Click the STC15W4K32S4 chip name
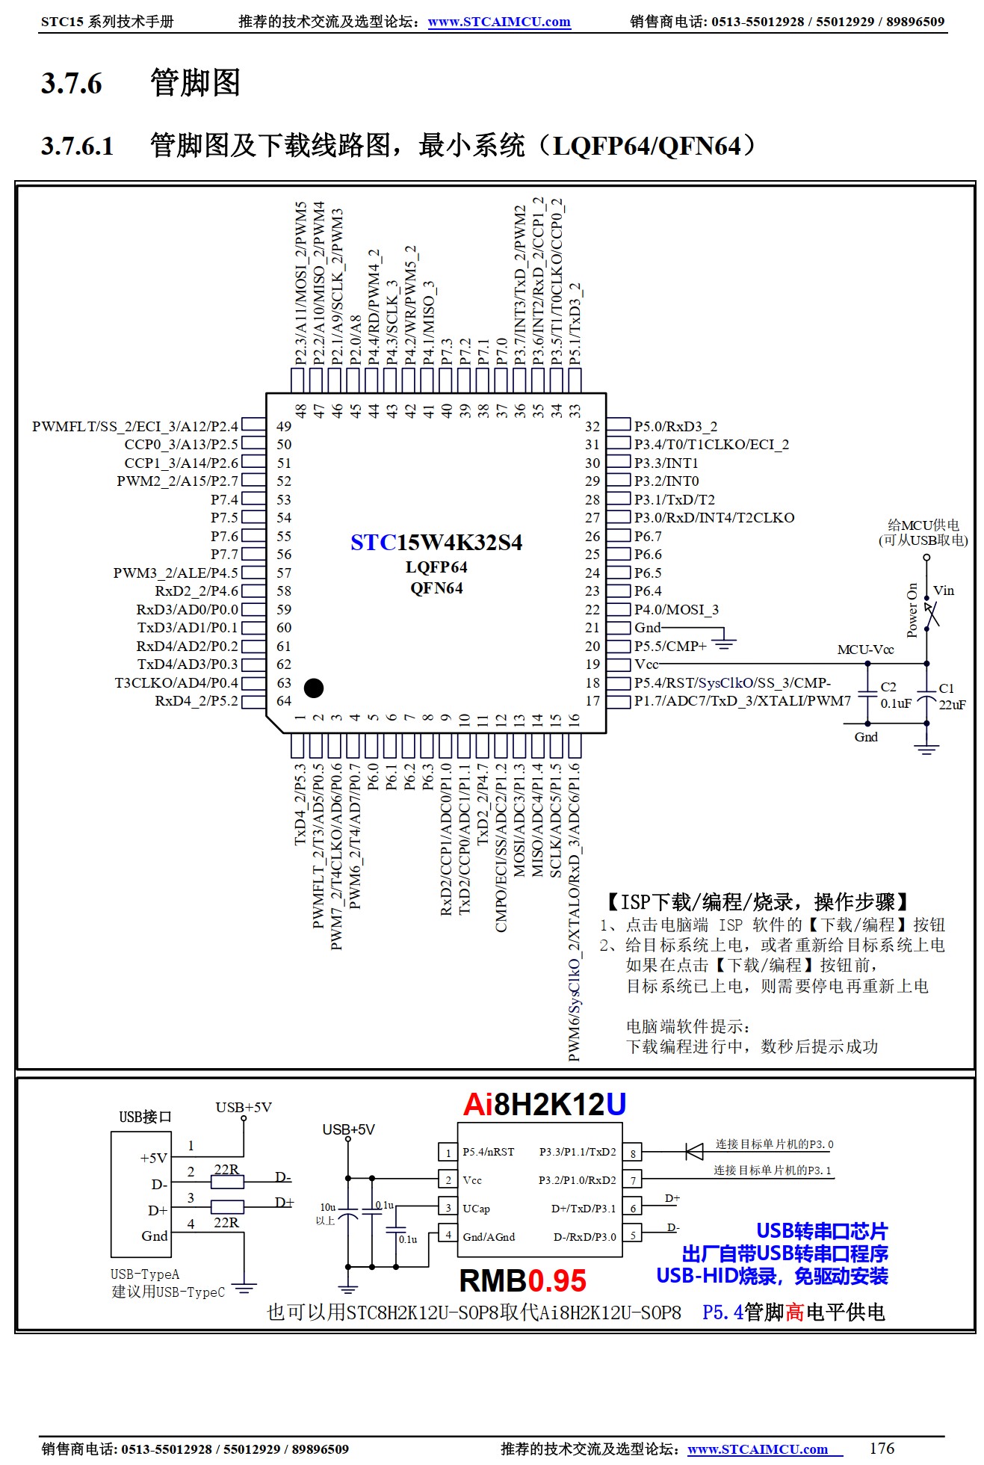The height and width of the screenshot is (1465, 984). click(436, 542)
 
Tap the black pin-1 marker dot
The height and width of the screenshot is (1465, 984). click(314, 688)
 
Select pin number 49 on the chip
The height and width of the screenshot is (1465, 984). click(284, 426)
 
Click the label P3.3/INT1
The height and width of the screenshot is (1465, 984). click(666, 463)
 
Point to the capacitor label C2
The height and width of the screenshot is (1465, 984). click(888, 687)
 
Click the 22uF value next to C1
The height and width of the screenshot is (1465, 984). click(952, 704)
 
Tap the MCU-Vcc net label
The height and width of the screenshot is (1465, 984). click(865, 650)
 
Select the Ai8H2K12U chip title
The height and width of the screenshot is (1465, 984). click(544, 1105)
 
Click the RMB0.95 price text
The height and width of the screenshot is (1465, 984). click(522, 1280)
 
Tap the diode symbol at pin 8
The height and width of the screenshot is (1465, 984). click(694, 1152)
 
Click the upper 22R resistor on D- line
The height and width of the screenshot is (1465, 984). click(227, 1183)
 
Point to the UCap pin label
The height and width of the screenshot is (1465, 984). click(477, 1209)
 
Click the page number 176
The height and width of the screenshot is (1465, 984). click(882, 1448)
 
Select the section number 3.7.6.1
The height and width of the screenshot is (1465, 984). click(77, 146)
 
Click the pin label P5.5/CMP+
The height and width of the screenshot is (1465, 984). click(669, 646)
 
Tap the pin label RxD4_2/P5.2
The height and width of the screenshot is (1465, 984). click(196, 701)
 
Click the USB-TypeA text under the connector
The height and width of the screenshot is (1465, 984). click(145, 1274)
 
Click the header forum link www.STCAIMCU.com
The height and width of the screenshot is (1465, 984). click(499, 22)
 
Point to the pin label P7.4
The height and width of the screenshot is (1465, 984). click(224, 499)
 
